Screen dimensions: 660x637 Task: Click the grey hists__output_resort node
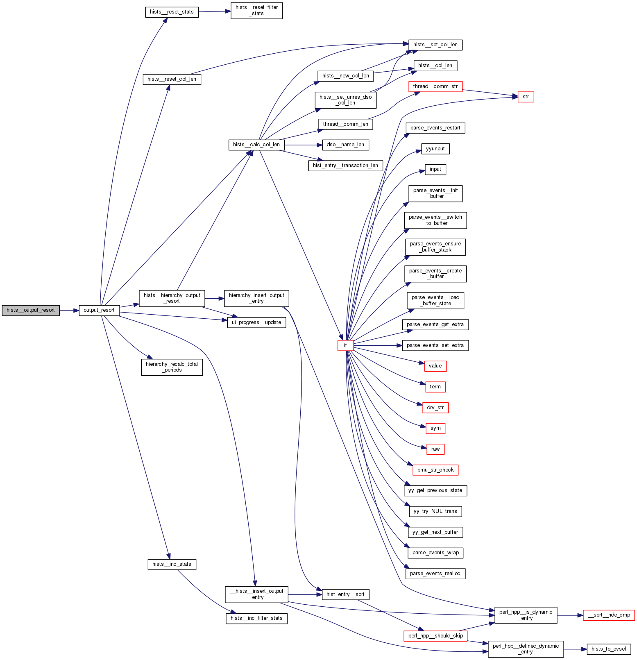(x=31, y=311)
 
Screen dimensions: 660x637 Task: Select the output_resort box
(x=99, y=311)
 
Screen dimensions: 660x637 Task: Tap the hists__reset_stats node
(x=172, y=12)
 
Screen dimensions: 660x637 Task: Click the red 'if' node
(x=345, y=345)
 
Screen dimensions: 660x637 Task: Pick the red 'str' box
(x=526, y=97)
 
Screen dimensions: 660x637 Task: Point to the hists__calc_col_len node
(x=256, y=145)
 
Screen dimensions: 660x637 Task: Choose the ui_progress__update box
(x=256, y=323)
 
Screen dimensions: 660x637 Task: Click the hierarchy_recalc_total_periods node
(x=172, y=367)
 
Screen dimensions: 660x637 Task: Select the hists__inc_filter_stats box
(x=256, y=618)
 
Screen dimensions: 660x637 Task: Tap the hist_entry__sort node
(x=345, y=594)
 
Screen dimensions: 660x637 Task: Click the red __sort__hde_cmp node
(x=609, y=615)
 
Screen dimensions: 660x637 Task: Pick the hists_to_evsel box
(x=609, y=649)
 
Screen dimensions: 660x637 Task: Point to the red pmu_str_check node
(x=435, y=470)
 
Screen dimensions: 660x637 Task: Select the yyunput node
(x=435, y=149)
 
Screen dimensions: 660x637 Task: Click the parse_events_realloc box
(x=435, y=574)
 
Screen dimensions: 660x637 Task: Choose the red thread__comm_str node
(x=435, y=87)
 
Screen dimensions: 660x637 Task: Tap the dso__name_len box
(x=345, y=145)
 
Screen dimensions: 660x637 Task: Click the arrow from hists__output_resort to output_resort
(x=69, y=311)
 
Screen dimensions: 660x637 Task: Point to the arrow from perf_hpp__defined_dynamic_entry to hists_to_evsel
(x=575, y=649)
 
